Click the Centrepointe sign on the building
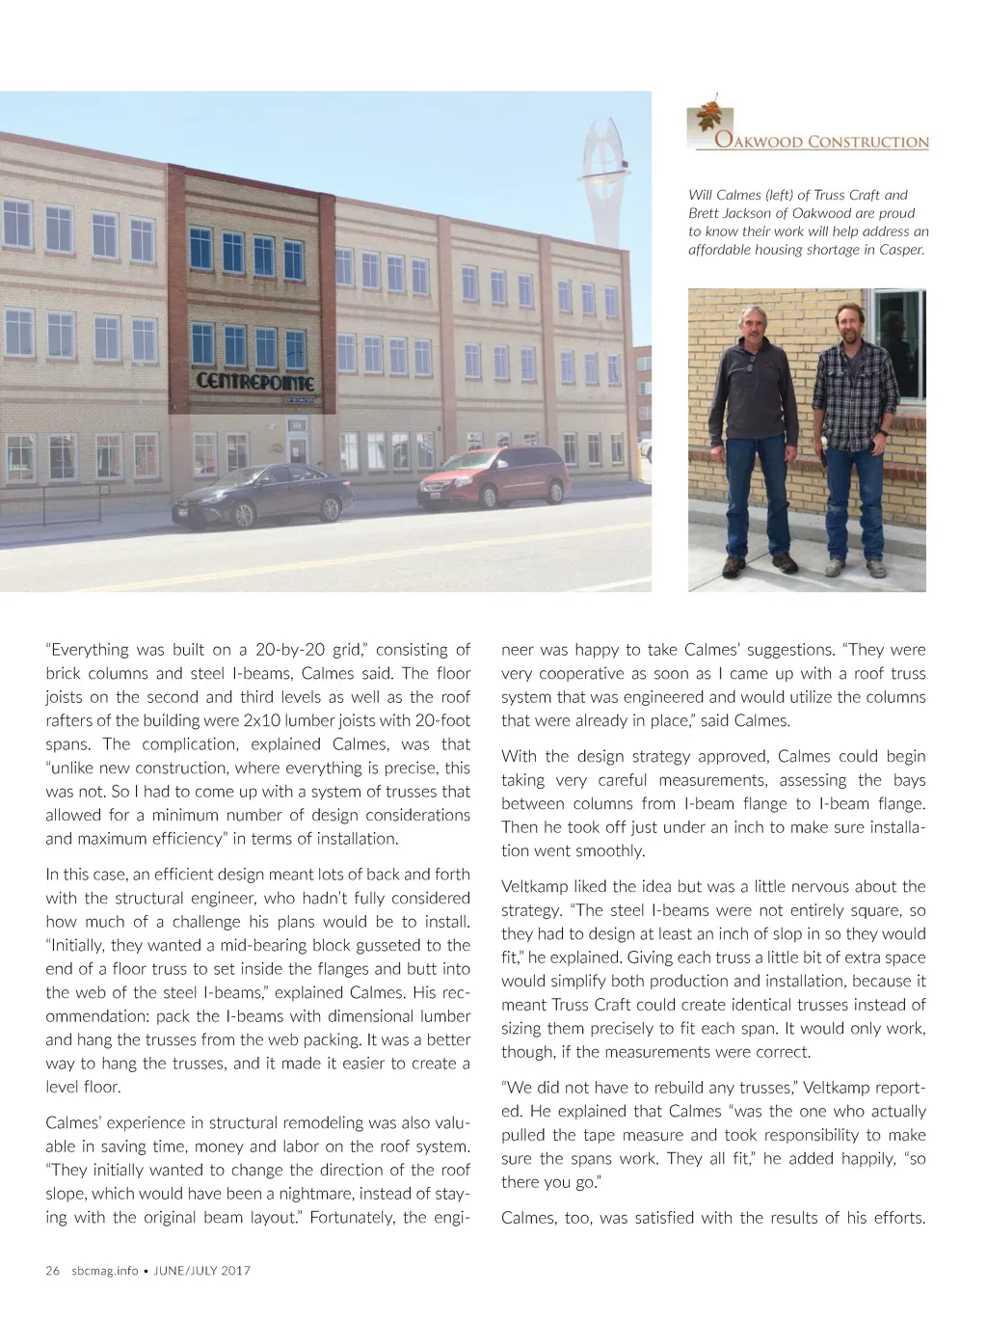coord(254,381)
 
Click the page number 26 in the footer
coord(52,1270)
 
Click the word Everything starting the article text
coord(90,650)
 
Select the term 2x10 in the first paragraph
coord(262,720)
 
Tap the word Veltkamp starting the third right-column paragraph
coord(534,886)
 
